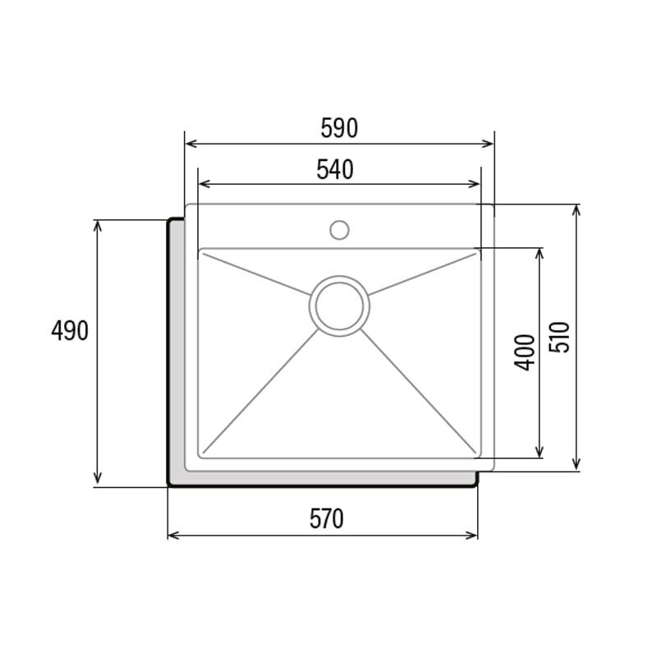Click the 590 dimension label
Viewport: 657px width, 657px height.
(x=339, y=128)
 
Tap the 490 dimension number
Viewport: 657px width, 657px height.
(x=69, y=331)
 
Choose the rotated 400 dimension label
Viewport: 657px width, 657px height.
(x=526, y=352)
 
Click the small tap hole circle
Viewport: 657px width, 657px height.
(x=339, y=229)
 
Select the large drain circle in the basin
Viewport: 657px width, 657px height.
(x=339, y=305)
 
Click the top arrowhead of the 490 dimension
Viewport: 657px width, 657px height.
(x=99, y=224)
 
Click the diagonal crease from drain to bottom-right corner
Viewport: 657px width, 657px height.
(x=419, y=390)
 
